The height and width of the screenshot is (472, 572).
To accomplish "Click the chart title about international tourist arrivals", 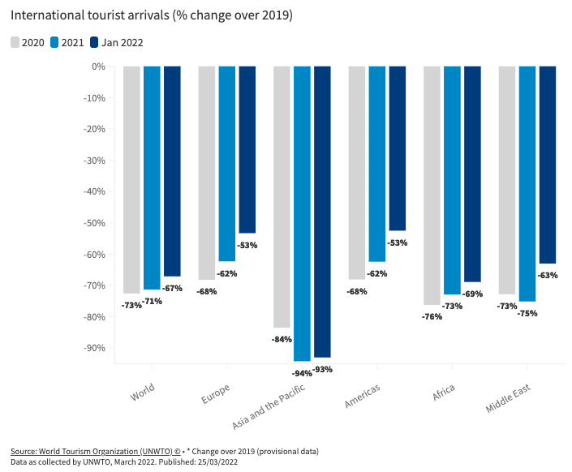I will tap(152, 15).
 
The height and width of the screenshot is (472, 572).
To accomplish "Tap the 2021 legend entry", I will tap(68, 42).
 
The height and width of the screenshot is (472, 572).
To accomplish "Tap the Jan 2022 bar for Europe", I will tap(247, 149).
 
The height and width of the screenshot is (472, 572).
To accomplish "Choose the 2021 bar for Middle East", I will tap(527, 183).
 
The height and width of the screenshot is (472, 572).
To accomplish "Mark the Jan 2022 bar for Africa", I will tap(472, 174).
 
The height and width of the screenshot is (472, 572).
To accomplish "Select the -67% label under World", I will tap(172, 288).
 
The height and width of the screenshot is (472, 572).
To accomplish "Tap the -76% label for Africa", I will tap(432, 316).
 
